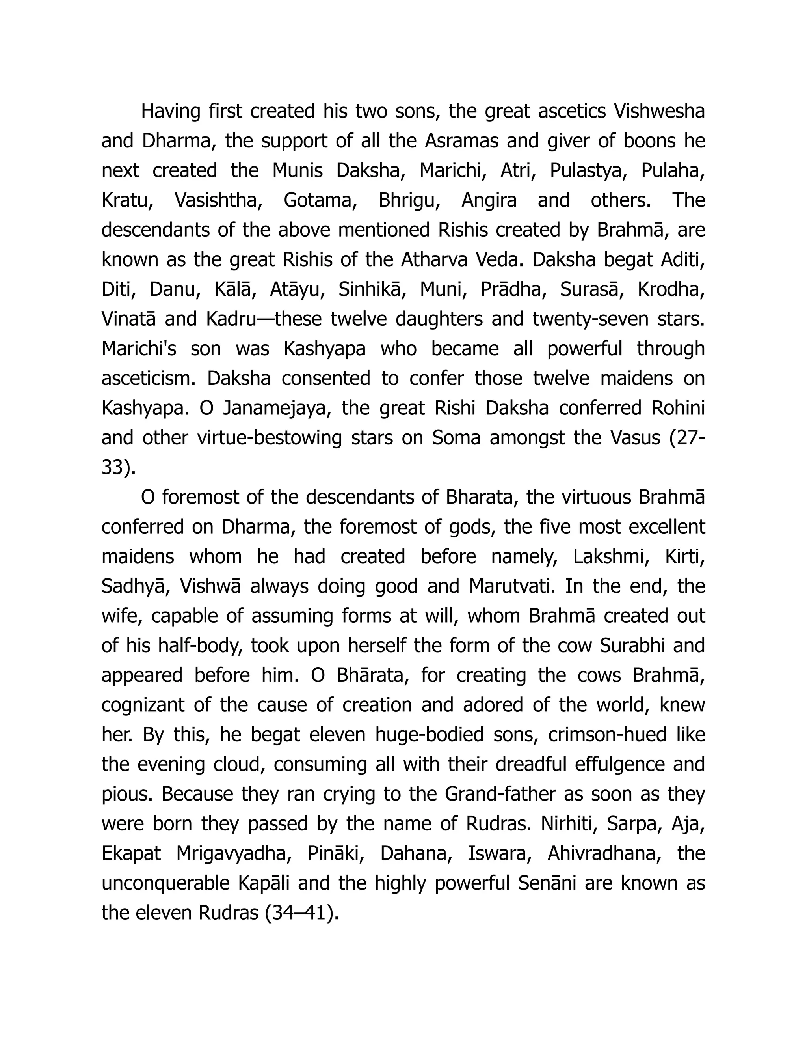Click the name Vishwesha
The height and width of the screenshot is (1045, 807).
(659, 112)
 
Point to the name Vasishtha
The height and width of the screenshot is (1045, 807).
(218, 200)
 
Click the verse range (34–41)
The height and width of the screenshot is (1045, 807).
(301, 913)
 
